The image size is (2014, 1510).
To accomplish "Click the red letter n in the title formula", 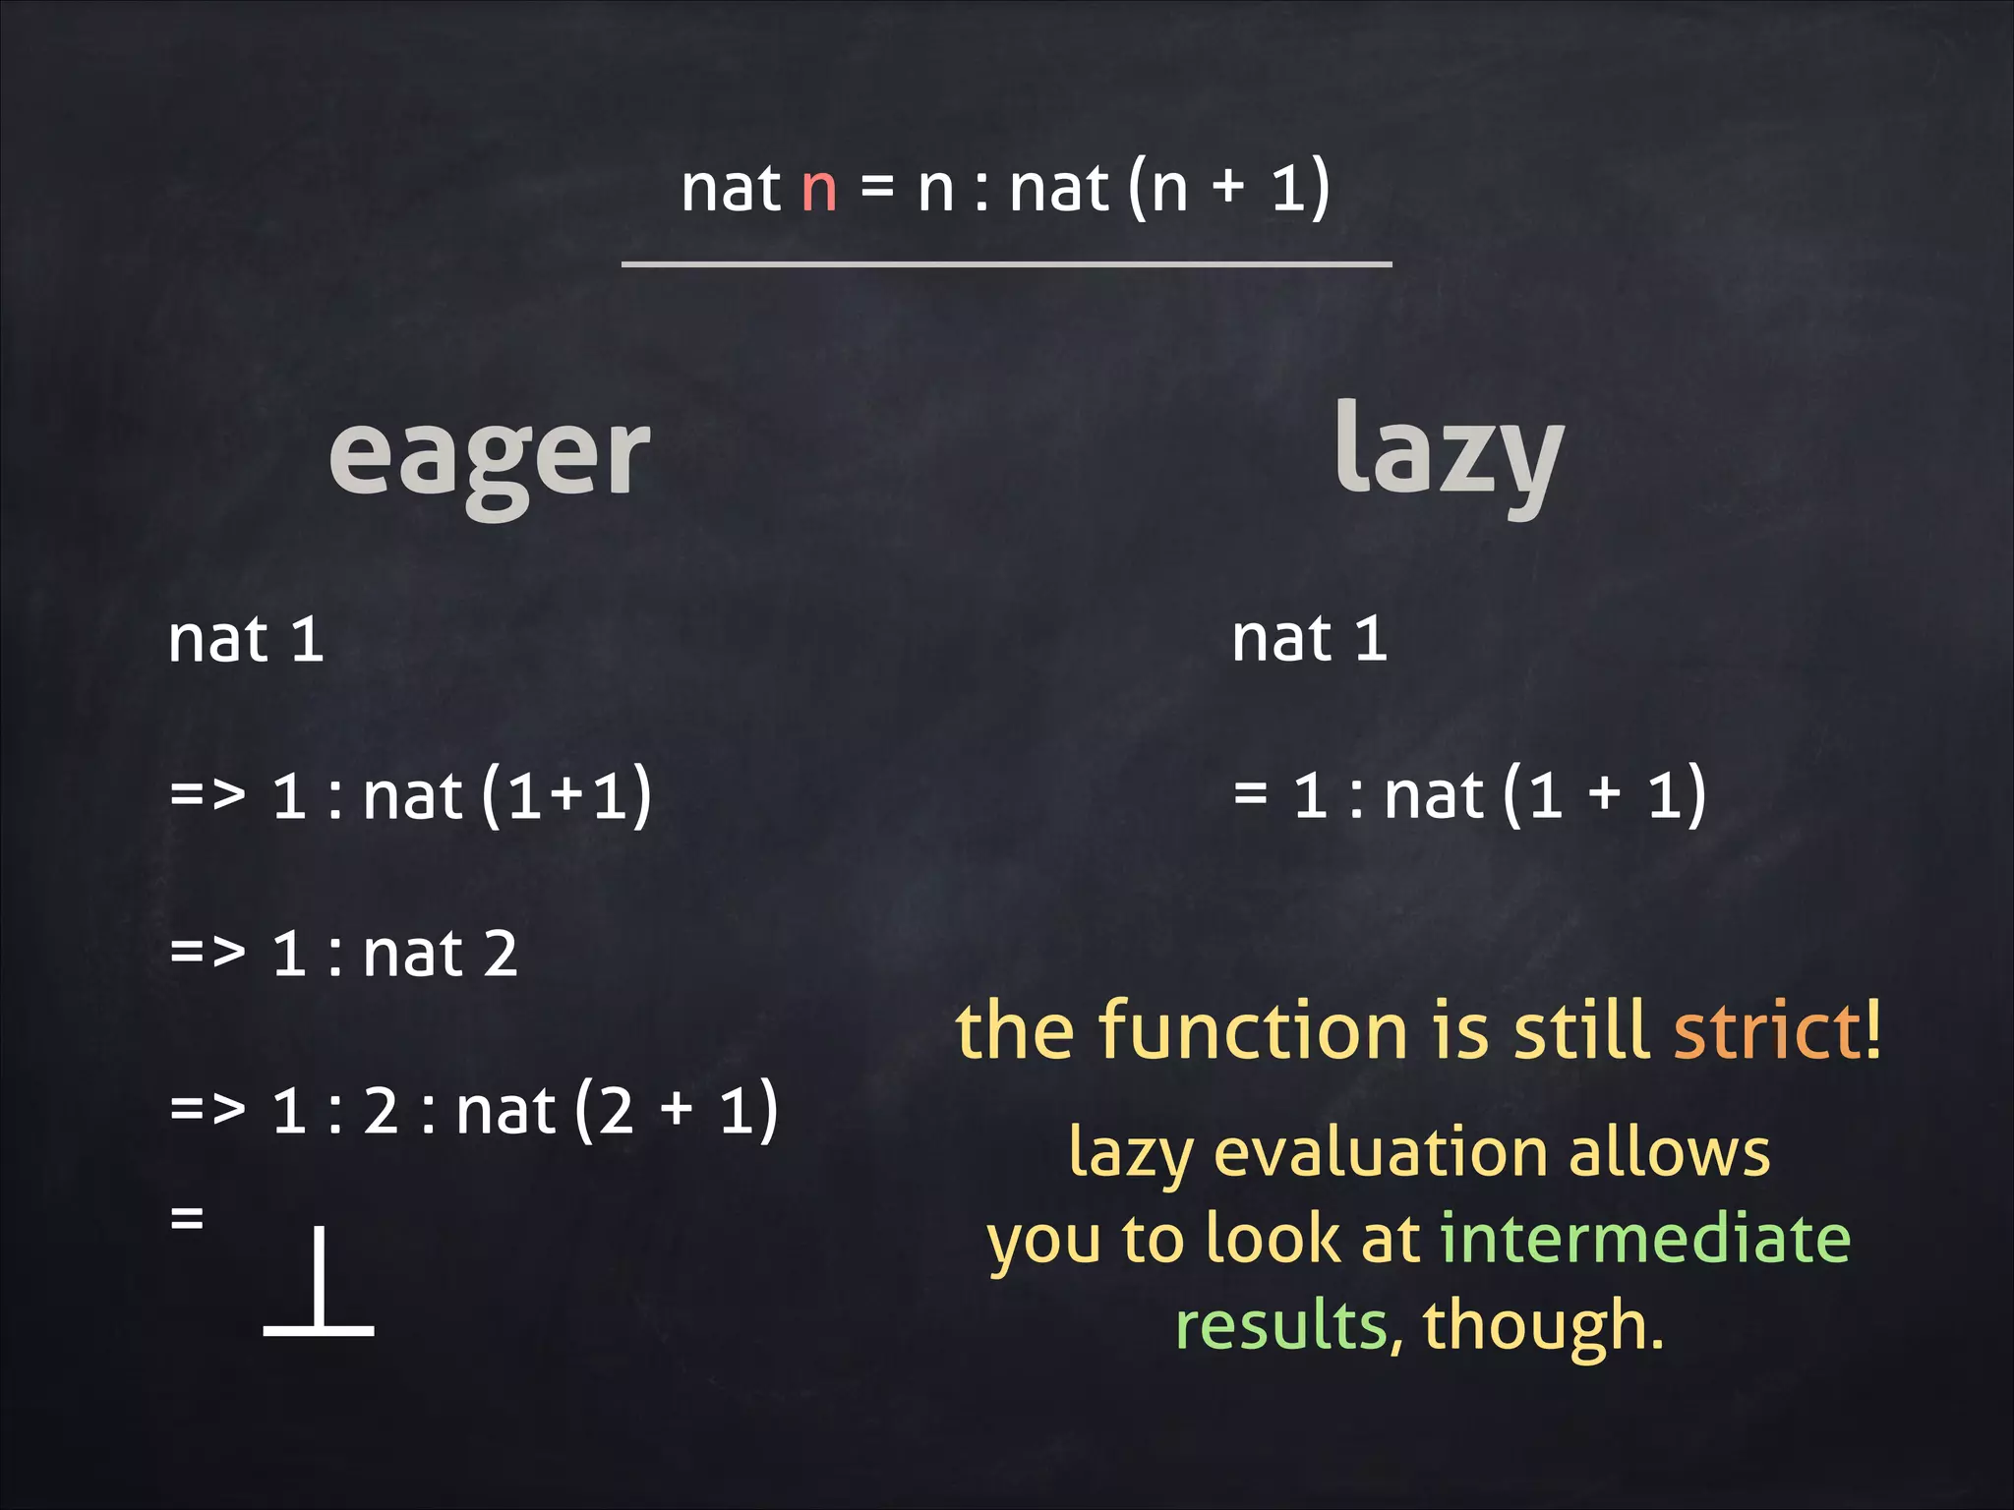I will [x=818, y=189].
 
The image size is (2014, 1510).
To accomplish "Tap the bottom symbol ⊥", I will [x=319, y=1283].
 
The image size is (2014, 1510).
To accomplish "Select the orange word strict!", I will [x=1778, y=1030].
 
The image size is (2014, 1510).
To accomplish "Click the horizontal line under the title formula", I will [x=1006, y=263].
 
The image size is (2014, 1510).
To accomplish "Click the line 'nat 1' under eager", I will [x=246, y=639].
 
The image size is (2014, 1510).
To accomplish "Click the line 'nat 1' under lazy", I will [x=1309, y=639].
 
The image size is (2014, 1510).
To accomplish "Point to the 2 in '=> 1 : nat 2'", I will [x=501, y=954].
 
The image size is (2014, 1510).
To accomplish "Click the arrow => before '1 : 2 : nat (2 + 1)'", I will [x=207, y=1110].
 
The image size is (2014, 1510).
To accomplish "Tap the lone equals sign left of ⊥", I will [x=187, y=1219].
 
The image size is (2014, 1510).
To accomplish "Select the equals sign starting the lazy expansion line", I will [x=1250, y=793].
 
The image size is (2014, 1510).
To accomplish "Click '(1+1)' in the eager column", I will [x=566, y=794].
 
